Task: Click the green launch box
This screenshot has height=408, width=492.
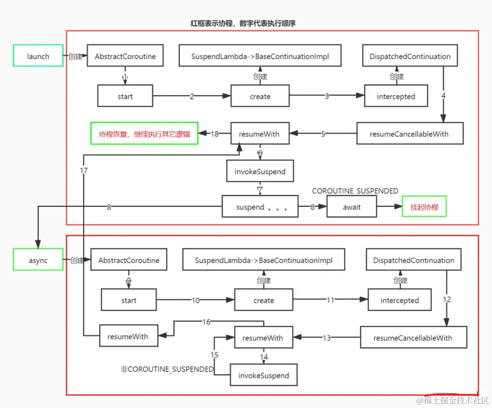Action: [38, 56]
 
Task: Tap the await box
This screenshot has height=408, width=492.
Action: [351, 207]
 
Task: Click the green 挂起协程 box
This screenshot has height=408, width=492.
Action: [424, 207]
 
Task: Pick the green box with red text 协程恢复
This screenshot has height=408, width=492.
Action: [144, 134]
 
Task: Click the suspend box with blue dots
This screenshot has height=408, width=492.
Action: [260, 207]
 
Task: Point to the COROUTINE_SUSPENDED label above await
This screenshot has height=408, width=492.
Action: [355, 191]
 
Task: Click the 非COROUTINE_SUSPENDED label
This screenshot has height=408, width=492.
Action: [167, 369]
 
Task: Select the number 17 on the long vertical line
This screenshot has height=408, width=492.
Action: [84, 171]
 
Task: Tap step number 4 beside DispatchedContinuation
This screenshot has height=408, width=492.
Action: [443, 96]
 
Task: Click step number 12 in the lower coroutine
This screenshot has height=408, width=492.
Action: [447, 299]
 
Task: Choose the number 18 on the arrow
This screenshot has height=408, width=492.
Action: [215, 134]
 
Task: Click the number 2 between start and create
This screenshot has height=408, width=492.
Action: [192, 96]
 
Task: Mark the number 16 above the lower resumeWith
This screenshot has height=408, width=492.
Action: [206, 322]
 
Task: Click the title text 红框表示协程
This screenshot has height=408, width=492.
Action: [242, 23]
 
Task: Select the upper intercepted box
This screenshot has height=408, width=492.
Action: [396, 96]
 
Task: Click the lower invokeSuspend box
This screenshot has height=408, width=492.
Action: [263, 376]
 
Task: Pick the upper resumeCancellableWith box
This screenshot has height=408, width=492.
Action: [409, 134]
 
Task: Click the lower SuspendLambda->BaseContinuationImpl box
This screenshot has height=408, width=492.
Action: [263, 261]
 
